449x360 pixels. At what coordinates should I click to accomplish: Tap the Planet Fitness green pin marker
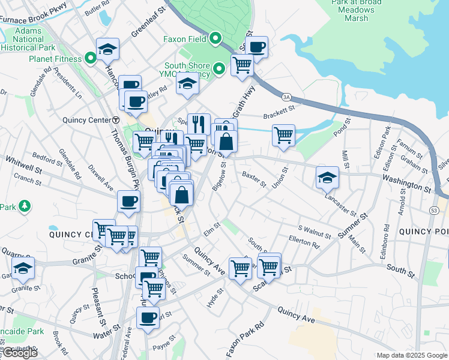pyautogui.click(x=91, y=59)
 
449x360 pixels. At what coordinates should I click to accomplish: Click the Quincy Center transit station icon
pyautogui.click(x=115, y=119)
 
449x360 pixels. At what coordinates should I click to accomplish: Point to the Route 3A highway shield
pyautogui.click(x=286, y=96)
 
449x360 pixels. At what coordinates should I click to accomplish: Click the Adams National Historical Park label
pyautogui.click(x=28, y=39)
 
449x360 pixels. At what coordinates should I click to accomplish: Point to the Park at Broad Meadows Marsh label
pyautogui.click(x=356, y=10)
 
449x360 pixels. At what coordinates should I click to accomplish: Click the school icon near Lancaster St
pyautogui.click(x=327, y=176)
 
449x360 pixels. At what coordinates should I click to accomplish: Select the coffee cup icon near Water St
pyautogui.click(x=148, y=317)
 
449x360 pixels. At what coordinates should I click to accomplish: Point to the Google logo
pyautogui.click(x=20, y=353)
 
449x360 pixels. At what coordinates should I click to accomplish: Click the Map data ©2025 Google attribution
pyautogui.click(x=411, y=355)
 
